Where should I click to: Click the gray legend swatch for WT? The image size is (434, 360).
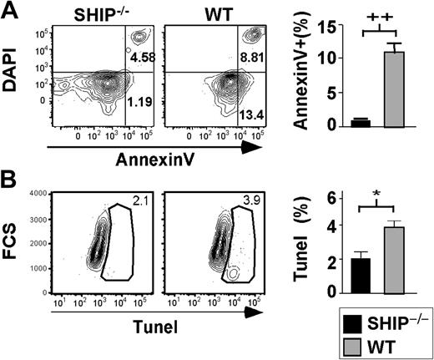tap(355, 344)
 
